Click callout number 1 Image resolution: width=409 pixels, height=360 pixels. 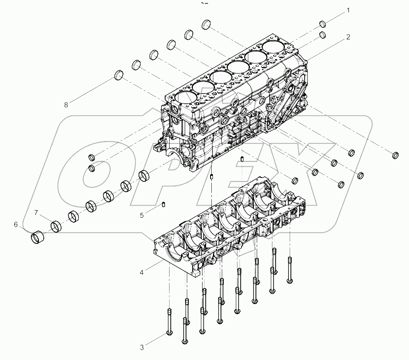(348, 10)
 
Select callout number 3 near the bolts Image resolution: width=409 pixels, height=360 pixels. (142, 347)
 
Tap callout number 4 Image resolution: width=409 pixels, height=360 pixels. (141, 273)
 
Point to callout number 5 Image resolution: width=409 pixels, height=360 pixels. (142, 215)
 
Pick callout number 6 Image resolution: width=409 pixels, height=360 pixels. (16, 225)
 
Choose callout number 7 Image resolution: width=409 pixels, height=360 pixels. (36, 213)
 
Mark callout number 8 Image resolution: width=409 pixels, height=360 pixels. (65, 105)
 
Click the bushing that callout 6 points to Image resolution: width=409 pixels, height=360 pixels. (38, 237)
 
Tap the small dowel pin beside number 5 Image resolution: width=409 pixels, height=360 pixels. (164, 205)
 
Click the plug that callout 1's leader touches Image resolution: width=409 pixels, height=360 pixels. (323, 24)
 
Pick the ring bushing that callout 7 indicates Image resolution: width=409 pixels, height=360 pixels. (57, 227)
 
